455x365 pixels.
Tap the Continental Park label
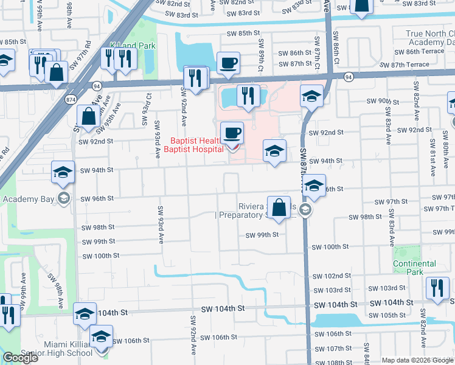[414, 268]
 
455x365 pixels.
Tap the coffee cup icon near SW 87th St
[228, 63]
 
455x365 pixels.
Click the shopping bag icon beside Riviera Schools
[279, 208]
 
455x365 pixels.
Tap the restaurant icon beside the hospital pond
[248, 96]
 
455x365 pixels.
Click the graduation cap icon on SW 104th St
[85, 314]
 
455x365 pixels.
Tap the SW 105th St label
[389, 315]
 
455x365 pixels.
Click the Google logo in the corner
[20, 358]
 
